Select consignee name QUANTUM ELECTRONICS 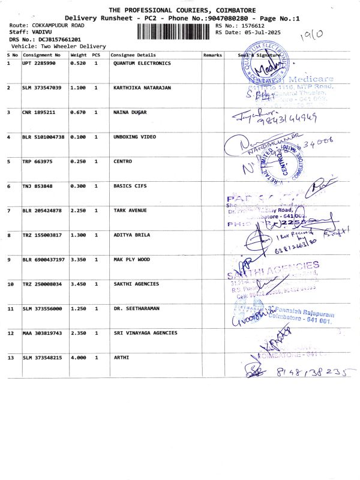point(142,63)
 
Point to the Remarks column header point(212,55)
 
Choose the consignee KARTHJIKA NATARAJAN point(142,88)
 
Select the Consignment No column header point(41,55)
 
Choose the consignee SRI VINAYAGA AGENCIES point(145,333)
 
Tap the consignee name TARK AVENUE point(130,211)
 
